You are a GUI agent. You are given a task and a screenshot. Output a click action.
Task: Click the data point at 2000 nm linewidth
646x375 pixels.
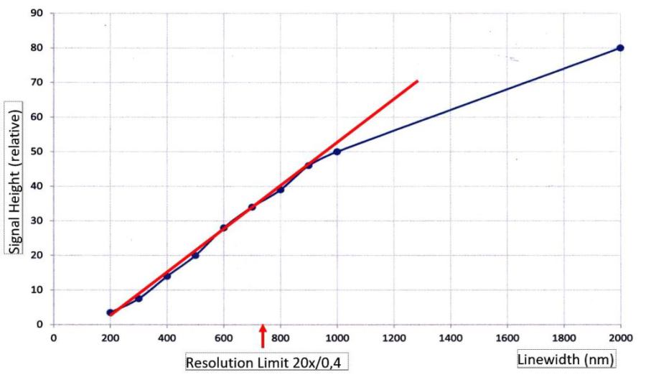tap(620, 48)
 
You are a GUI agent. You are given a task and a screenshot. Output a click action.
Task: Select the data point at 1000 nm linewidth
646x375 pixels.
tap(337, 152)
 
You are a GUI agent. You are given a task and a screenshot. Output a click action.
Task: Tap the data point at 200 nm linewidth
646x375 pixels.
tap(110, 312)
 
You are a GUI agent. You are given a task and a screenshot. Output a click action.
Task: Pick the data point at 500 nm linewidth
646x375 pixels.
tap(195, 255)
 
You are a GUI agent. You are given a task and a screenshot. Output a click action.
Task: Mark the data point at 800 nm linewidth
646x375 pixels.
tap(281, 190)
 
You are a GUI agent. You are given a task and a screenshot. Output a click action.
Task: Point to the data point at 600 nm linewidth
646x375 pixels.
tap(223, 228)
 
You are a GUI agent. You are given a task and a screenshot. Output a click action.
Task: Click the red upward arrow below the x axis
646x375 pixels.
tap(263, 335)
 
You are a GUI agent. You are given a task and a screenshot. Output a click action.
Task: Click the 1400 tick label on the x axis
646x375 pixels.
tap(450, 336)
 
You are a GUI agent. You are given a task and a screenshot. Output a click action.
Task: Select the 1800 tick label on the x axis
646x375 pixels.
tap(563, 336)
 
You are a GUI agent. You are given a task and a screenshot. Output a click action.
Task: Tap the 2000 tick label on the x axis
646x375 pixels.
tap(620, 336)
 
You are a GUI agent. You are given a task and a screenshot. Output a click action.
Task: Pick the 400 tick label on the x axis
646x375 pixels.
tap(167, 336)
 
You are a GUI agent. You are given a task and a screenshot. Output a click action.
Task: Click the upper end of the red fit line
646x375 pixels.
tap(417, 81)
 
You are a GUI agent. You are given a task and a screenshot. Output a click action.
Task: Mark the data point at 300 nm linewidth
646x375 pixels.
tap(139, 298)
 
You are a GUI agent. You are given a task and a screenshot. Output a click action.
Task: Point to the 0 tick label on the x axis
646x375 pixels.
tap(53, 336)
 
